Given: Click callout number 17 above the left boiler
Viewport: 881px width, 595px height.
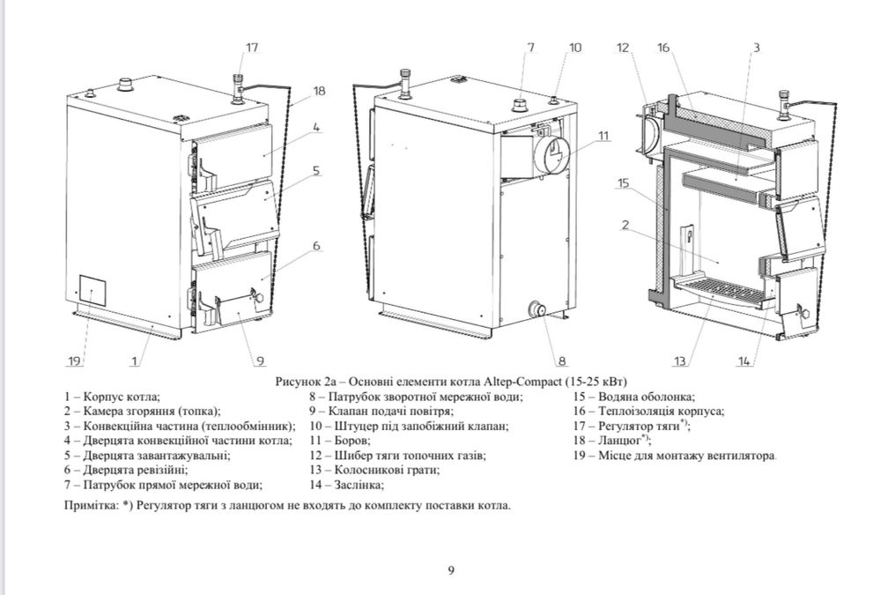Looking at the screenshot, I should pos(253,48).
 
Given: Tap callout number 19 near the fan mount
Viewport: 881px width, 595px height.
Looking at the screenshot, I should pos(74,361).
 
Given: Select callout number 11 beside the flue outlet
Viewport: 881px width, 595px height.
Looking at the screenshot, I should pos(602,136).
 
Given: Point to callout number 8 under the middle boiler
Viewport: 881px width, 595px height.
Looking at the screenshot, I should pos(561,360).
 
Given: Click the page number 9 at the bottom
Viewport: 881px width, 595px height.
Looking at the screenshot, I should pos(451,570).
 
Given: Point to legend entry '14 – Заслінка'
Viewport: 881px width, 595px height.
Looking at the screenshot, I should pos(345,485).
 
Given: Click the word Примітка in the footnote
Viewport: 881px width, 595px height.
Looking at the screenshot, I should pos(93,507).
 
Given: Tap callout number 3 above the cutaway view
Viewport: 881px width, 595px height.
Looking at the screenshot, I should pos(756,48).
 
